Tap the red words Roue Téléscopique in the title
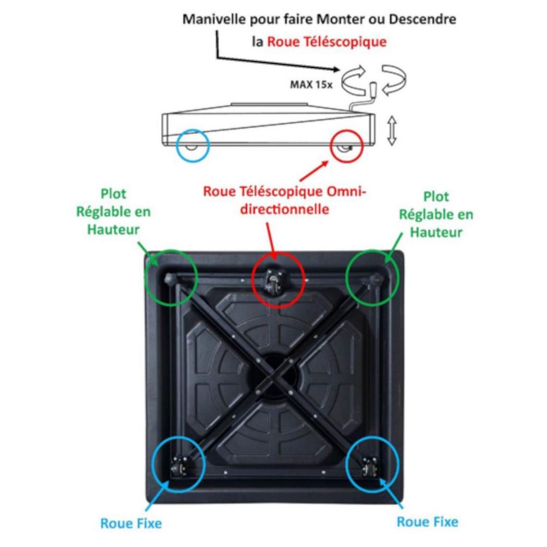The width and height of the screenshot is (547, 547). pyautogui.click(x=327, y=42)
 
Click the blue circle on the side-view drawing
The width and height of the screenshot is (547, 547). pyautogui.click(x=193, y=146)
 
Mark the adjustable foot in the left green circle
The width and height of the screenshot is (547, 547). pyautogui.click(x=170, y=278)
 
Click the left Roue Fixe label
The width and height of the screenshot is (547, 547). pyautogui.click(x=131, y=523)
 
